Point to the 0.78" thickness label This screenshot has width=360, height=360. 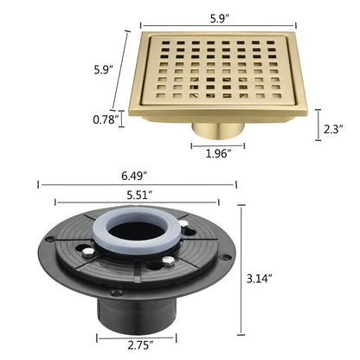point(103,119)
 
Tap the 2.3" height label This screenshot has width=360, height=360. point(332,128)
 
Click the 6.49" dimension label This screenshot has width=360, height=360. point(133,173)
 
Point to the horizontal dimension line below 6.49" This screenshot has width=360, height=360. point(136,184)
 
